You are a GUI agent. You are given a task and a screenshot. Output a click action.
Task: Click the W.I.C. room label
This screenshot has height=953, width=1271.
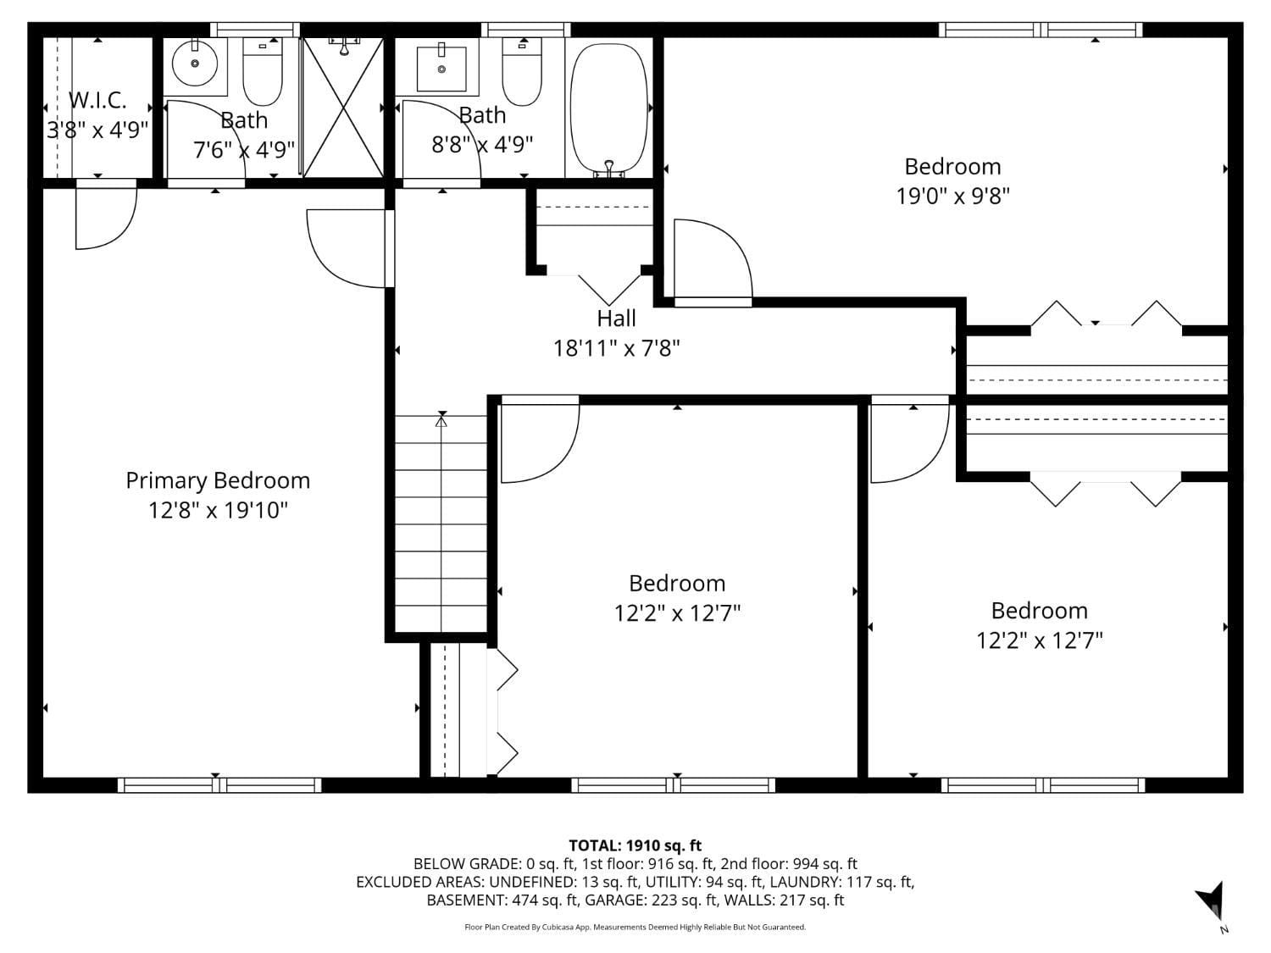click(97, 100)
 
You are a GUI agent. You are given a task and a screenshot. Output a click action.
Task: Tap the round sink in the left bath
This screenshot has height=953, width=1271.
click(195, 63)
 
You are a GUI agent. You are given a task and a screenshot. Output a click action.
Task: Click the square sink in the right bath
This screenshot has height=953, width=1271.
click(441, 69)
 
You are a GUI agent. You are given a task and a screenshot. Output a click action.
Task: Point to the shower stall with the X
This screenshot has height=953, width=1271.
click(342, 108)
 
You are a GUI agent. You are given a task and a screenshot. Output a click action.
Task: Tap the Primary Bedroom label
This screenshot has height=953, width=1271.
click(218, 480)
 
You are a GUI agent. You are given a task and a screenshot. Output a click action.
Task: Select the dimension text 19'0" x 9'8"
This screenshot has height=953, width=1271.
click(952, 197)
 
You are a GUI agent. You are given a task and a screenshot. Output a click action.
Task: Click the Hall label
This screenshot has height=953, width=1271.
click(616, 319)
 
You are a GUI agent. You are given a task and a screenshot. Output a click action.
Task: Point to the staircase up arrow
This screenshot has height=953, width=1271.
click(441, 418)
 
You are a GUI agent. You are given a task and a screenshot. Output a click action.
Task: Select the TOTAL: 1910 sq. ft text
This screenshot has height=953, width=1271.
click(635, 845)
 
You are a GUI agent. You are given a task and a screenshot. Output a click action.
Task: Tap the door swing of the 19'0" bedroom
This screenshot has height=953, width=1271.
click(712, 259)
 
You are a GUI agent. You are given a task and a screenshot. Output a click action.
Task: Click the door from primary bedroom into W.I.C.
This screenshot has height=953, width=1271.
click(105, 216)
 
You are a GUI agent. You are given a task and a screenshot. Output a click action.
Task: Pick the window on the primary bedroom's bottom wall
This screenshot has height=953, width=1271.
click(219, 784)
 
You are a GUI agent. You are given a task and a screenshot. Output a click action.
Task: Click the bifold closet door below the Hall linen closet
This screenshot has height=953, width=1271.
click(609, 286)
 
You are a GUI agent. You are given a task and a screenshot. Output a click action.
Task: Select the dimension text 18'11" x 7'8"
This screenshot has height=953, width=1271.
click(616, 348)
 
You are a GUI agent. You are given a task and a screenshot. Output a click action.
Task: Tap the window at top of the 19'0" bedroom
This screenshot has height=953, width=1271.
click(1040, 30)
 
